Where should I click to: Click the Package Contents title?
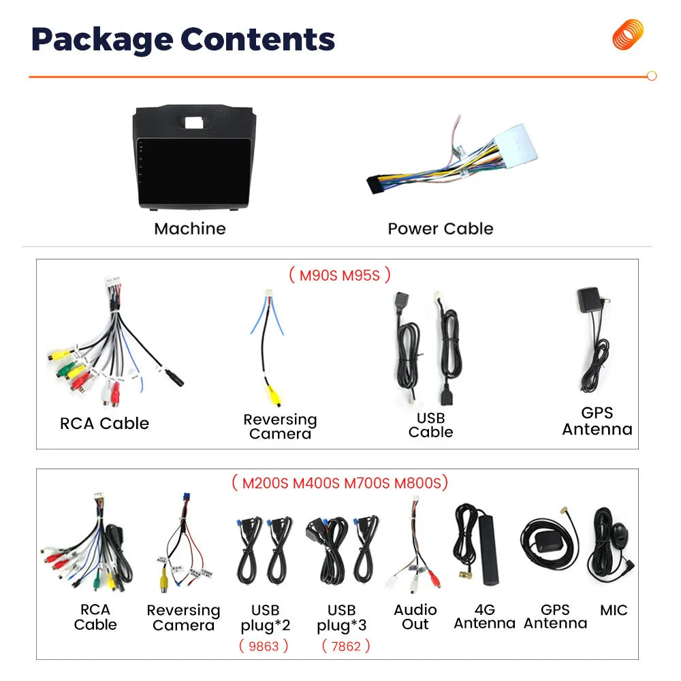pos(183,40)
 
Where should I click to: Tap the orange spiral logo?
pos(628,34)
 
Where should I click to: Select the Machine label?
pos(190,228)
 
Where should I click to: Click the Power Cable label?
pos(441,228)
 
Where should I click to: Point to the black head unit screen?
pos(194,172)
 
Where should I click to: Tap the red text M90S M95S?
pos(340,275)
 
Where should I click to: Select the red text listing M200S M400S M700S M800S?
pos(340,483)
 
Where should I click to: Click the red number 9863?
pos(264,646)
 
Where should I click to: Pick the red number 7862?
pos(346,646)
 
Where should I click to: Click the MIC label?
pos(614,610)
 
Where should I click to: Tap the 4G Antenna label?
pos(485,616)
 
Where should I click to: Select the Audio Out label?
pos(415,617)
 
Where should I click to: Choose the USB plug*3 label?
pos(341,618)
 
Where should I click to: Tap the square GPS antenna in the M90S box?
pos(589,300)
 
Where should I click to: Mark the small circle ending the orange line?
pos(652,76)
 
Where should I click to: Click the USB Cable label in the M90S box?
pos(430,425)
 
